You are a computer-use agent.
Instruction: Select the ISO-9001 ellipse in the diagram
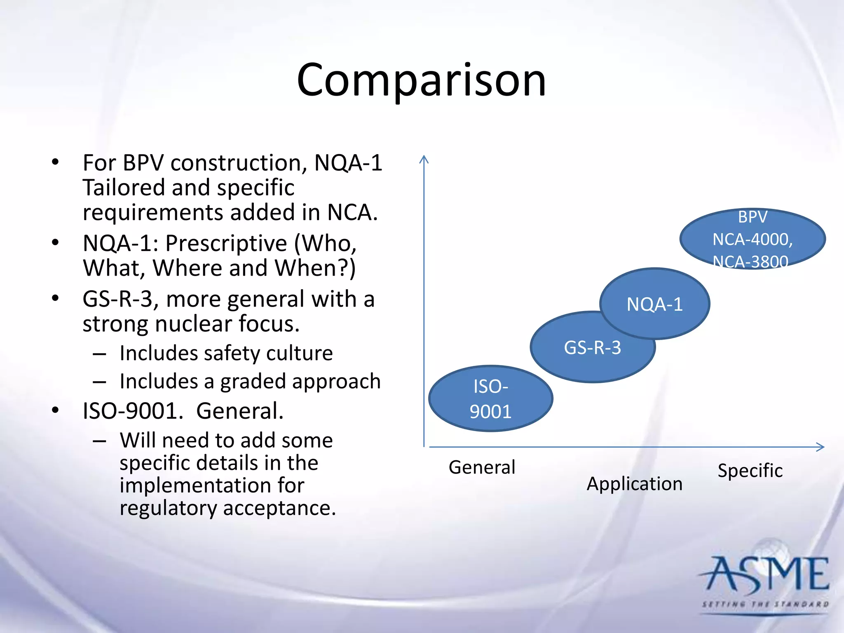[x=490, y=399]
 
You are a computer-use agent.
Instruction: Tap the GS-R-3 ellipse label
[x=592, y=348]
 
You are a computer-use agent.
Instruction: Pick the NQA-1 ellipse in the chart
[x=654, y=304]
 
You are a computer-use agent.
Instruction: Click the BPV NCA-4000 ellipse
[x=753, y=239]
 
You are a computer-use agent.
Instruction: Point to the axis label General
[x=482, y=467]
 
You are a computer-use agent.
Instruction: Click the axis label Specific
[x=750, y=471]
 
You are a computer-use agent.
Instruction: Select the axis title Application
[x=635, y=484]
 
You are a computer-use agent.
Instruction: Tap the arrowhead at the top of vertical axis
[x=424, y=159]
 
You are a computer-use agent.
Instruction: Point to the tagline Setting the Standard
[x=765, y=605]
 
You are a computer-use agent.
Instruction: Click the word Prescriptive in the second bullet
[x=226, y=243]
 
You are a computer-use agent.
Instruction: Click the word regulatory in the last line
[x=168, y=508]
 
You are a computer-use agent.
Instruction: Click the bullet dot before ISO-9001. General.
[x=56, y=410]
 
